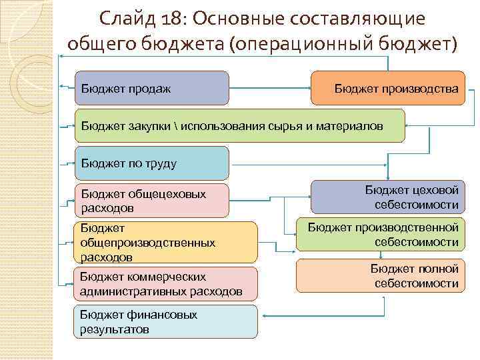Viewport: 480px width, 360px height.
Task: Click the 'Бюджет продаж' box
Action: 152,88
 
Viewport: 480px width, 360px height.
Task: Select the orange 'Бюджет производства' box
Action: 387,88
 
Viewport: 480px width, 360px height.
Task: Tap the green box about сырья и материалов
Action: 239,125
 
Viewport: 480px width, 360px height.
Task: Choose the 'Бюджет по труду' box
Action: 152,163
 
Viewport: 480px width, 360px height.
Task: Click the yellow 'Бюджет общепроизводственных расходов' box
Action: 166,242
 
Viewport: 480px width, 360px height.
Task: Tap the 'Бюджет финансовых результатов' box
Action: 166,321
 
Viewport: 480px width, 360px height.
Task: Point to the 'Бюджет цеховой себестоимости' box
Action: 387,197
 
